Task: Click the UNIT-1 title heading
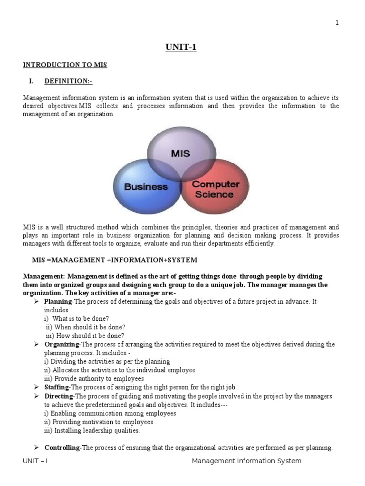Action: coord(181,47)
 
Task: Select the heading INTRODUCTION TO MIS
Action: coord(65,65)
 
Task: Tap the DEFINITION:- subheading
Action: coord(68,81)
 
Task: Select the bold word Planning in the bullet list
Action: coord(58,301)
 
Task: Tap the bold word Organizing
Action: coord(62,344)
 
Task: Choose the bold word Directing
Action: coord(58,396)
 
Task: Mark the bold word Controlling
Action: coord(62,448)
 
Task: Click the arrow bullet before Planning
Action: coord(36,301)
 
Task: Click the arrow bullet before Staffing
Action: coord(36,387)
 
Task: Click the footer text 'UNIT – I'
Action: coord(36,461)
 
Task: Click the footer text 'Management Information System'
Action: coord(246,461)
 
